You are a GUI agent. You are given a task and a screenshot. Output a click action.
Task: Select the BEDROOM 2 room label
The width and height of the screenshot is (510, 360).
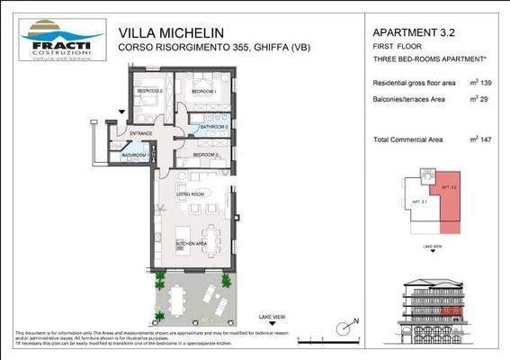pyautogui.click(x=149, y=92)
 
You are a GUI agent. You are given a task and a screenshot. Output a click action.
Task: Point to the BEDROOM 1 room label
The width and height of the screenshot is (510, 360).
pyautogui.click(x=204, y=92)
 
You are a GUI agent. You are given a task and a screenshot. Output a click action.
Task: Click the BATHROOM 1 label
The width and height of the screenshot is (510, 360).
pyautogui.click(x=135, y=156)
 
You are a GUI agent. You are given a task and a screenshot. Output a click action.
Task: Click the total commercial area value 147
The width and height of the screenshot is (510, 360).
pyautogui.click(x=488, y=139)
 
